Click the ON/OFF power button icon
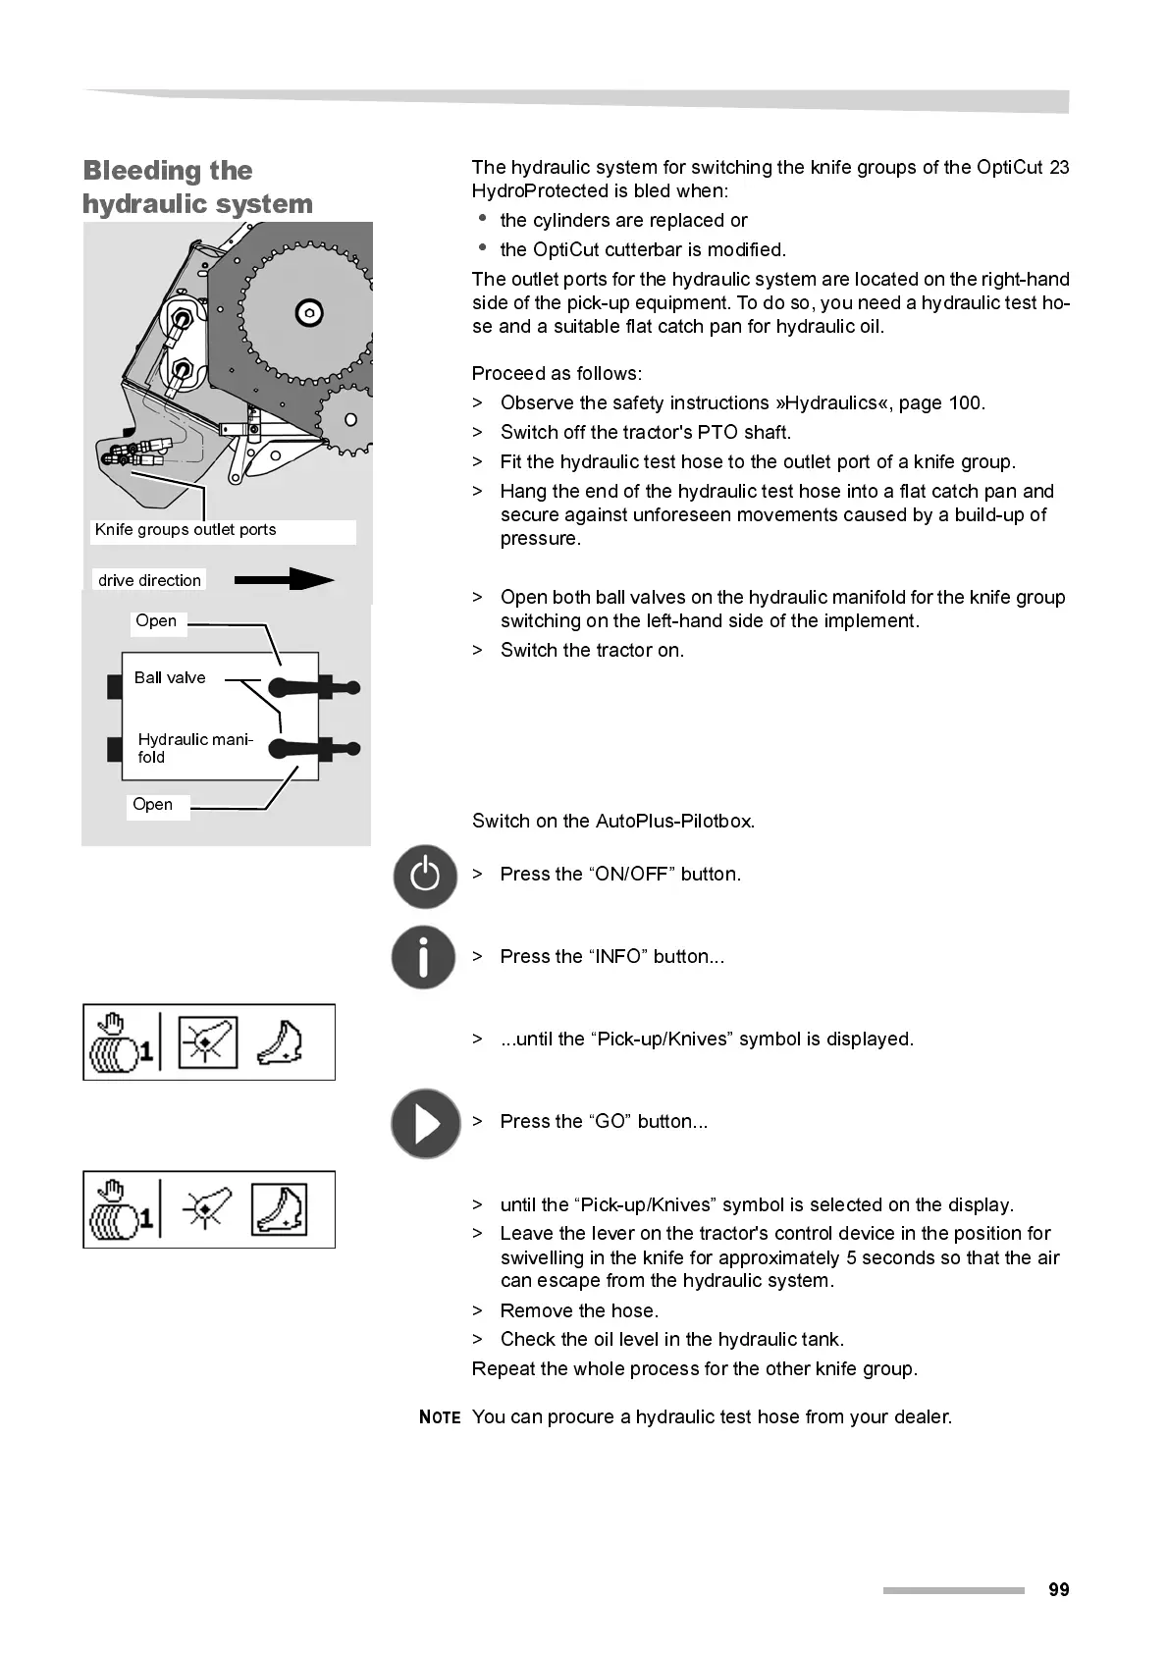pos(425,876)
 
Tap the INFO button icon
pos(423,957)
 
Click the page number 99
pos(1058,1589)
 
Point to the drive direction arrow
pos(284,580)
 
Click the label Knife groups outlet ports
pos(186,530)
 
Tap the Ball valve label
pos(170,677)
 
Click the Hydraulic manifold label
pos(194,748)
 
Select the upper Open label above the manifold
pos(156,621)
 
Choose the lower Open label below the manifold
pos(153,805)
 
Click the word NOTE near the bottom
pos(440,1416)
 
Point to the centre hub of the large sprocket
pos(309,313)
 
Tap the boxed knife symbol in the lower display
pos(280,1209)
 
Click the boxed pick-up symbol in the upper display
pos(208,1042)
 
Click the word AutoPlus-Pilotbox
pos(673,822)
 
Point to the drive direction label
pos(149,580)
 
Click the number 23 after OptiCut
pos(1058,168)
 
